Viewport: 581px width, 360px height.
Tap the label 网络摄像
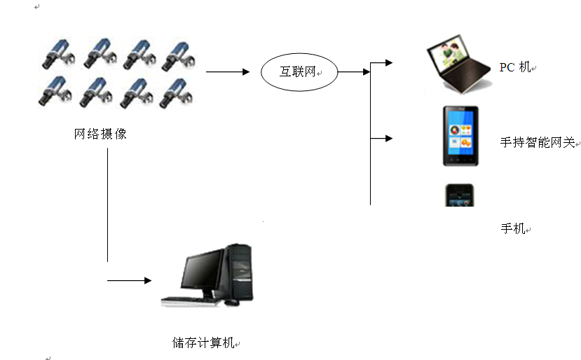tap(100, 134)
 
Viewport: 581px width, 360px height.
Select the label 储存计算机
tap(203, 342)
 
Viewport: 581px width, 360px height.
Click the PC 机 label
tap(515, 67)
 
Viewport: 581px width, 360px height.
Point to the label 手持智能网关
tap(538, 142)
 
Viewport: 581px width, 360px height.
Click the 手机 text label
tap(513, 228)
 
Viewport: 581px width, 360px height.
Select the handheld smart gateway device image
tap(460, 136)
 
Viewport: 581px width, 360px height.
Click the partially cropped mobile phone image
tap(460, 195)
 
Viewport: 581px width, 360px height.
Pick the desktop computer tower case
tap(238, 272)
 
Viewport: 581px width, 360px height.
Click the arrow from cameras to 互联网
tap(228, 72)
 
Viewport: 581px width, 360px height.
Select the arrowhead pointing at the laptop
tap(389, 62)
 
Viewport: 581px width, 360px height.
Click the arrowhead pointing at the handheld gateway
tap(389, 139)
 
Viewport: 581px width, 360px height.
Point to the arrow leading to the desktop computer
tap(130, 280)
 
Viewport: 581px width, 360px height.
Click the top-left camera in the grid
tap(59, 54)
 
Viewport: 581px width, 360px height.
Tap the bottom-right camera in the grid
tap(177, 93)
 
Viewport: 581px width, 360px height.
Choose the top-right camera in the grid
tap(179, 55)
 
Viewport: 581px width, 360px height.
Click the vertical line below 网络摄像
tap(107, 205)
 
